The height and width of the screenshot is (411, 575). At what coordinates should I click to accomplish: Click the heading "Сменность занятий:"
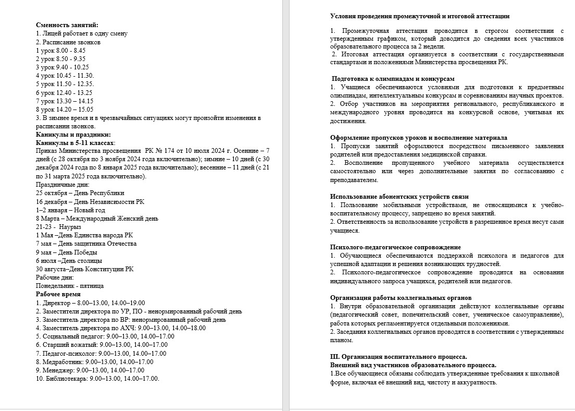click(x=67, y=25)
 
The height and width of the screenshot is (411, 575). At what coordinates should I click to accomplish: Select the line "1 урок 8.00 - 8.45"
click(x=61, y=50)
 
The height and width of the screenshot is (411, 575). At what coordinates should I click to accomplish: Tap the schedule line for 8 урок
click(x=65, y=110)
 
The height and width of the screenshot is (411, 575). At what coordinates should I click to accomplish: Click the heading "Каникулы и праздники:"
click(x=70, y=135)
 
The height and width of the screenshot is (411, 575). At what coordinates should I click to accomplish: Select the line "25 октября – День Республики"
click(x=80, y=193)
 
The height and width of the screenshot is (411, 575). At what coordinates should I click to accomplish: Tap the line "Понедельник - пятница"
click(x=70, y=286)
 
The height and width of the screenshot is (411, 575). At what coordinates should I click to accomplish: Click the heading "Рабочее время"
click(x=58, y=294)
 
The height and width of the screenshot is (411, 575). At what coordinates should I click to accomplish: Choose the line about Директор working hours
click(x=90, y=303)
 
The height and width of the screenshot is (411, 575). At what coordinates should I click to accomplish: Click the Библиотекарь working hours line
click(x=97, y=379)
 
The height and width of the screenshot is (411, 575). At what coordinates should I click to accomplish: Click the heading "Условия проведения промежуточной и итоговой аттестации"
click(x=420, y=16)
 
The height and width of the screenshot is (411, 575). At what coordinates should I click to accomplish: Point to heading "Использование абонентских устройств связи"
click(x=399, y=197)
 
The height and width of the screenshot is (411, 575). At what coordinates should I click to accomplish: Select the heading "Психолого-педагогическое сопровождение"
click(x=395, y=247)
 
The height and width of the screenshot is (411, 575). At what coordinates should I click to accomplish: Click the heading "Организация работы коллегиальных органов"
click(x=398, y=298)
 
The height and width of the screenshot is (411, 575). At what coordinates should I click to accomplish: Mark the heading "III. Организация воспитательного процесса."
click(x=398, y=357)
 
